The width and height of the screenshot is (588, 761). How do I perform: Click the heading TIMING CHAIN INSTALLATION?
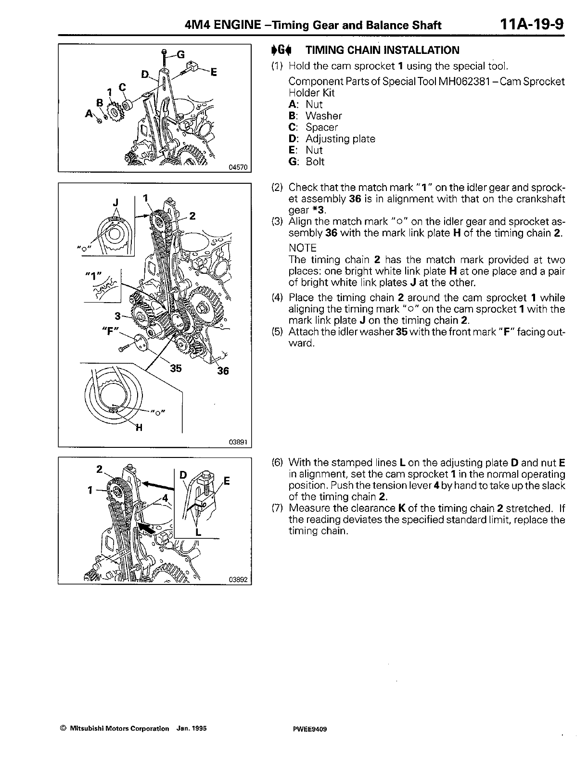[x=383, y=50]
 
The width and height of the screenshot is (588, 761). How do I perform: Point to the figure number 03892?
[x=238, y=579]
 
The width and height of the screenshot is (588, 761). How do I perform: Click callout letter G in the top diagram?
[x=181, y=55]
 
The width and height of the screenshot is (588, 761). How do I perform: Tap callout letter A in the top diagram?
[x=89, y=114]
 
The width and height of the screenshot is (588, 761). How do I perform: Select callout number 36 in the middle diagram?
[x=222, y=371]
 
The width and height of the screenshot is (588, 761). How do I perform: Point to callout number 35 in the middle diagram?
[x=177, y=368]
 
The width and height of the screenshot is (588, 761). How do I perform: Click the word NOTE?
[x=302, y=248]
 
